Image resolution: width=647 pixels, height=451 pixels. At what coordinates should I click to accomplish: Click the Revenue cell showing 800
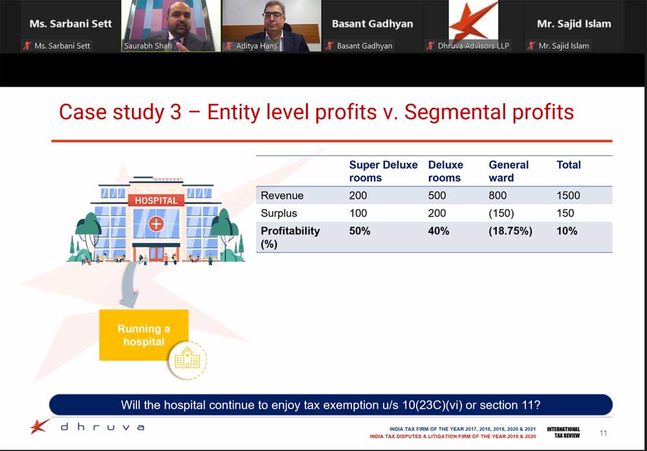point(497,195)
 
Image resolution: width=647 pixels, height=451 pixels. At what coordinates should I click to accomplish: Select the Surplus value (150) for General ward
point(501,213)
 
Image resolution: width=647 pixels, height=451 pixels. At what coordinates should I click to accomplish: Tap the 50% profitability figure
point(359,230)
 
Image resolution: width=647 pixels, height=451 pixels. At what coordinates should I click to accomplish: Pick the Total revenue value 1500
point(568,195)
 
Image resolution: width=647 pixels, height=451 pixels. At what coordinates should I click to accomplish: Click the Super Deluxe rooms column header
point(383,171)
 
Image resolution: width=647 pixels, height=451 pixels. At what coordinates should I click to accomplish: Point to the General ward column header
point(509,171)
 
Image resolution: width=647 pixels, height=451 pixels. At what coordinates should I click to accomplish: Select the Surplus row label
point(279,214)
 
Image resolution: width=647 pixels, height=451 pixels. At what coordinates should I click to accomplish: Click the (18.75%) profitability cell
point(510,230)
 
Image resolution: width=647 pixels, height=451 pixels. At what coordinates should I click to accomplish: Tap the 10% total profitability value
point(567,230)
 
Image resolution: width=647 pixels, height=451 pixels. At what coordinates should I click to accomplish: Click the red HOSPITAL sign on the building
point(156,201)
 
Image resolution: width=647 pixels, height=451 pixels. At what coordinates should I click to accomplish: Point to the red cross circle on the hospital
point(156,224)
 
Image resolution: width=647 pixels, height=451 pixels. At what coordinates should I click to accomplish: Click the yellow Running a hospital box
point(144,335)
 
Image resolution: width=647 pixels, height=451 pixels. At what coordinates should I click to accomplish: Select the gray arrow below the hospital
point(130,285)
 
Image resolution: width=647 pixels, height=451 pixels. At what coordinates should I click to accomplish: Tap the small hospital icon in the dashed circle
point(188,358)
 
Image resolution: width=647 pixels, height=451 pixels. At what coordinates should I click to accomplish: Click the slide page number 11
point(603,433)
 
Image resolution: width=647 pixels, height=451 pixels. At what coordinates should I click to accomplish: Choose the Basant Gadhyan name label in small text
point(364,46)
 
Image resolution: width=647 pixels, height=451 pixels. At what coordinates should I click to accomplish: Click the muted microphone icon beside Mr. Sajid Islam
point(531,46)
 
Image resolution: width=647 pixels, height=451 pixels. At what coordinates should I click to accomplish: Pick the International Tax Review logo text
point(564,432)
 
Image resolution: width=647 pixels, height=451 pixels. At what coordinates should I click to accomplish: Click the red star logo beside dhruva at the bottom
point(39,426)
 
